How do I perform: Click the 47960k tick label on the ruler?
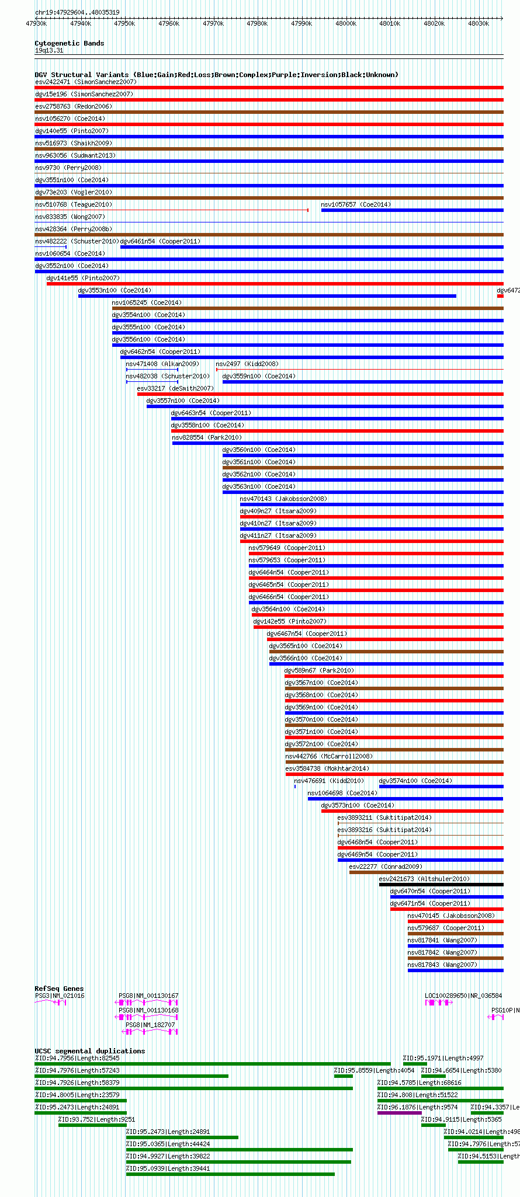169,23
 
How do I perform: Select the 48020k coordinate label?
434,23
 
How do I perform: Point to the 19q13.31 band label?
49,50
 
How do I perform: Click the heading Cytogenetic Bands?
69,43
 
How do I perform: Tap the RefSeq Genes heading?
59,989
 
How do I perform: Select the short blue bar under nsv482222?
51,247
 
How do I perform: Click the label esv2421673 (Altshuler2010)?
424,879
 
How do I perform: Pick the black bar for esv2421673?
441,885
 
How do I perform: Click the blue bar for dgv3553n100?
267,296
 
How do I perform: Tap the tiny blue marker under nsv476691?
295,787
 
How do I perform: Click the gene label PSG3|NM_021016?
60,996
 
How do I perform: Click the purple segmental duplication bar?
398,1113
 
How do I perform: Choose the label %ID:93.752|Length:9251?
96,1119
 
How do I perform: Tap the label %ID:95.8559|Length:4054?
374,1070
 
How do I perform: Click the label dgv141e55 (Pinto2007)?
83,278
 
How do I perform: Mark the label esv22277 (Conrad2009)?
386,867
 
